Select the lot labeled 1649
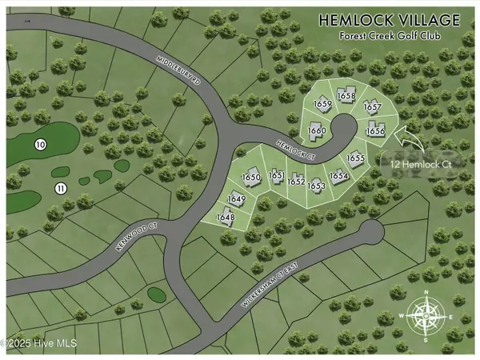[236, 199]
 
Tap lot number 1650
[252, 178]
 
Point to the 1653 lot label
[317, 186]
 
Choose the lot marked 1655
[356, 159]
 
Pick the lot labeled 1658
[346, 96]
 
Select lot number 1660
[317, 131]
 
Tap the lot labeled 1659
[322, 104]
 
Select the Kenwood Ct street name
[133, 235]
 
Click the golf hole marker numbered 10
[40, 144]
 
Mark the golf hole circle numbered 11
[60, 188]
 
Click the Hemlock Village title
[389, 19]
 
